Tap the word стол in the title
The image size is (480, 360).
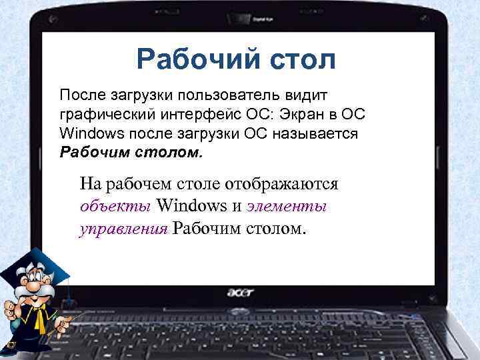click(299, 59)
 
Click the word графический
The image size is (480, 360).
click(101, 113)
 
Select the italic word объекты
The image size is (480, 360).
click(116, 206)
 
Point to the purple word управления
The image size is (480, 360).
click(123, 229)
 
